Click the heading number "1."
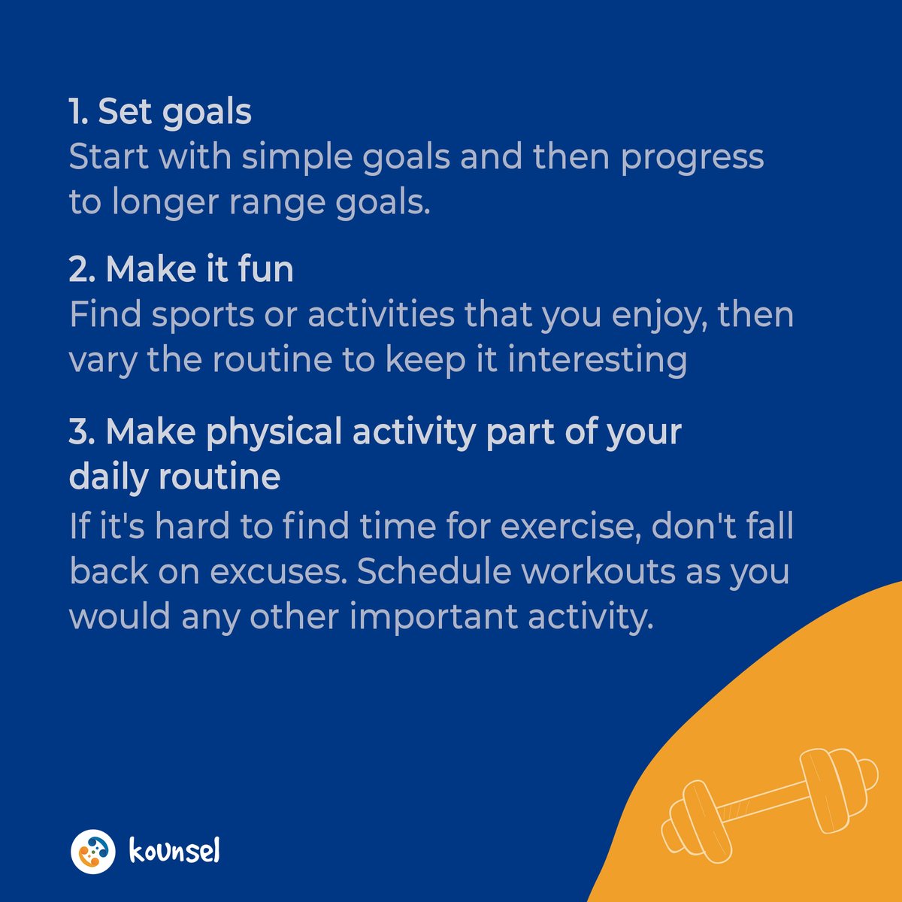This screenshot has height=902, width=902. click(x=80, y=112)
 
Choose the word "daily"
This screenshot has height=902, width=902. click(x=108, y=477)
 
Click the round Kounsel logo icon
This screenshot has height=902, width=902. click(x=93, y=852)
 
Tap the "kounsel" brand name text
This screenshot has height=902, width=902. click(x=174, y=852)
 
